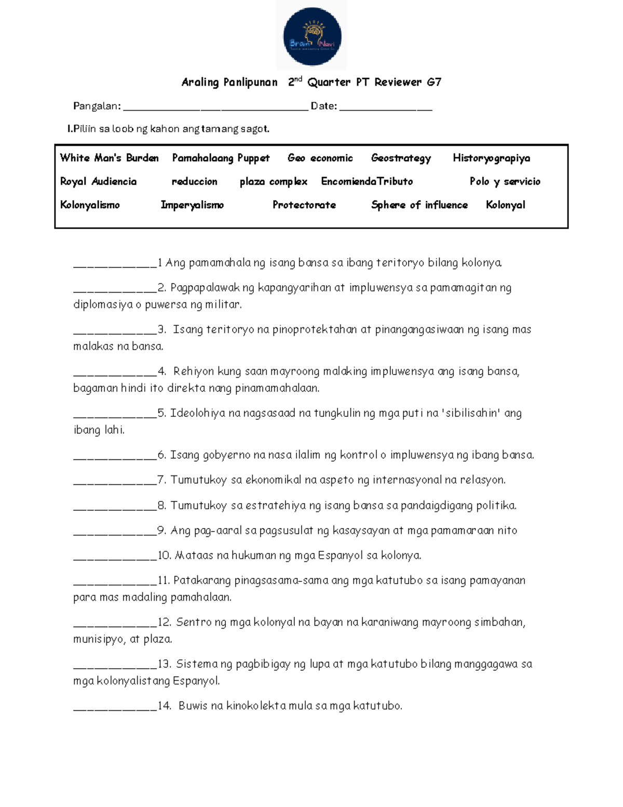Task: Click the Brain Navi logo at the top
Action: [x=311, y=36]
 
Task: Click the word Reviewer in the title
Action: [x=398, y=82]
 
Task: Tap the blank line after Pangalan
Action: [x=215, y=107]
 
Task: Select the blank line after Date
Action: [x=386, y=107]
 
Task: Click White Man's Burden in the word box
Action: [x=109, y=158]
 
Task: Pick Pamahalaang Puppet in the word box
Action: [x=221, y=158]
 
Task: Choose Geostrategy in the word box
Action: [x=401, y=158]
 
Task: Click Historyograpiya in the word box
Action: [x=491, y=158]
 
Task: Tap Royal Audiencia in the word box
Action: [x=98, y=181]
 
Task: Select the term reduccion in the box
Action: [x=194, y=181]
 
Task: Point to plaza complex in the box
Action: [x=273, y=181]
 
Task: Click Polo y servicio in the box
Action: [x=505, y=181]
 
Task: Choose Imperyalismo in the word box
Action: [x=192, y=205]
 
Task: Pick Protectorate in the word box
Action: [x=304, y=205]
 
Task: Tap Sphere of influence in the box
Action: [x=419, y=205]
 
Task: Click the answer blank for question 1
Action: [x=115, y=264]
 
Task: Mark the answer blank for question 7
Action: [x=115, y=481]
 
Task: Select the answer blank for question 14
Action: [x=115, y=707]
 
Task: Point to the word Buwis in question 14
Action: [x=193, y=706]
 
